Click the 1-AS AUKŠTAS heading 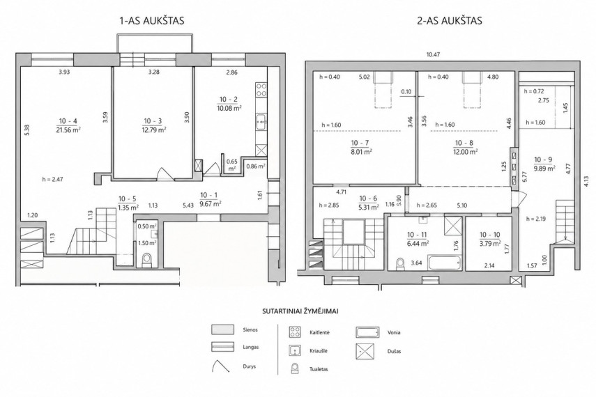pyautogui.click(x=152, y=20)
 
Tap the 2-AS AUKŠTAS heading pyautogui.click(x=450, y=20)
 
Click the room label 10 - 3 pyautogui.click(x=153, y=121)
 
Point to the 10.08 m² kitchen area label pyautogui.click(x=230, y=108)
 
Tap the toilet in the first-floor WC pyautogui.click(x=146, y=260)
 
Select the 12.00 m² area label pyautogui.click(x=464, y=152)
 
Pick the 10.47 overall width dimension pyautogui.click(x=433, y=55)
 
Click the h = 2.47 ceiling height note pyautogui.click(x=52, y=179)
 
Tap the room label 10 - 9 pyautogui.click(x=543, y=160)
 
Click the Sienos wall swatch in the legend pyautogui.click(x=223, y=329)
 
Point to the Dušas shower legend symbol pyautogui.click(x=365, y=352)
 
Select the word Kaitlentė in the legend pyautogui.click(x=320, y=332)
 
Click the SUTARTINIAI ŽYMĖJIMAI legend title pyautogui.click(x=300, y=311)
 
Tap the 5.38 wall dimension pyautogui.click(x=26, y=130)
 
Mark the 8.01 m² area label pyautogui.click(x=362, y=152)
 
